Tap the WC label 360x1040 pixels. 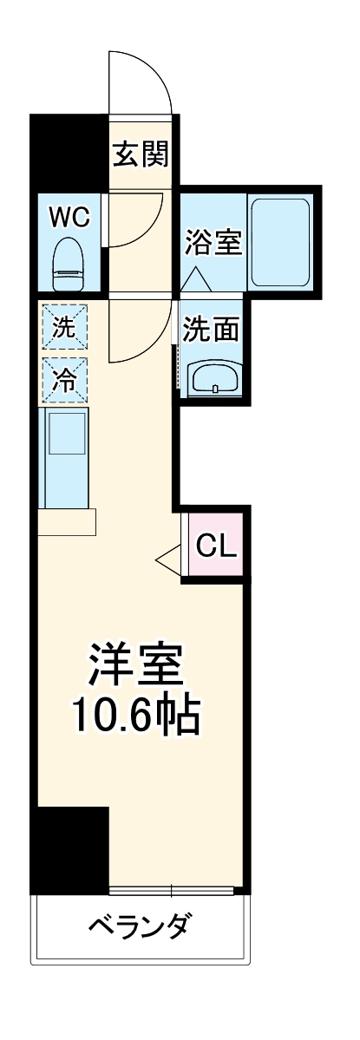[x=69, y=217]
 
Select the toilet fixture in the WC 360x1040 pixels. [x=69, y=265]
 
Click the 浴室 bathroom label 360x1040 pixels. [x=213, y=241]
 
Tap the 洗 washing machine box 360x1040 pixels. [x=64, y=328]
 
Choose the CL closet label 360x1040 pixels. [x=215, y=546]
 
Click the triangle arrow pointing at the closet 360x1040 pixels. [x=167, y=560]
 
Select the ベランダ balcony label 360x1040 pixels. [x=139, y=926]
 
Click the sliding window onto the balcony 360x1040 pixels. [x=172, y=890]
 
